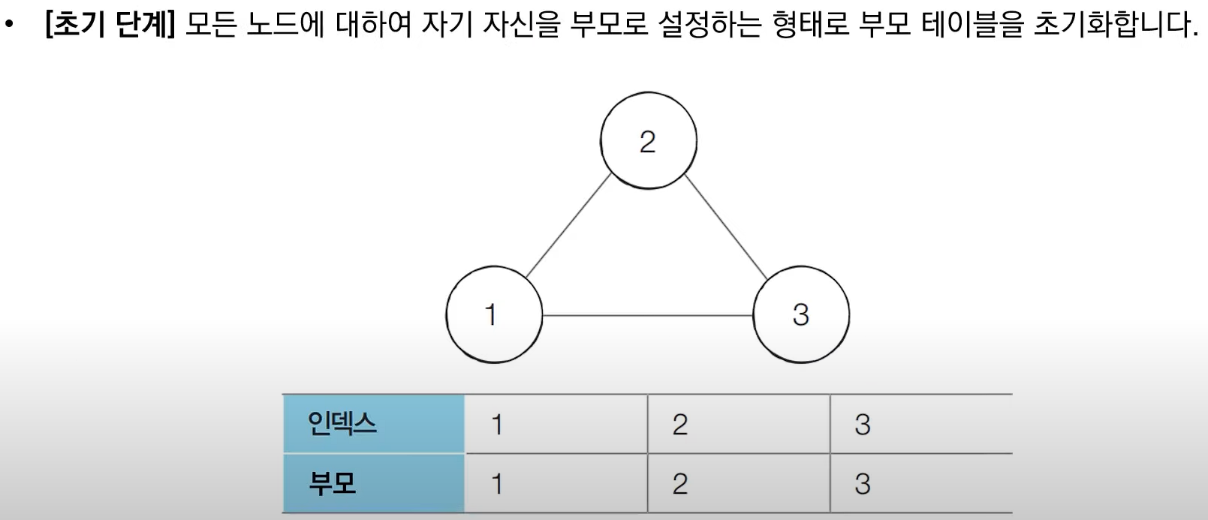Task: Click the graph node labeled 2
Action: coord(649,140)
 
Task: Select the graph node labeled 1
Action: coord(493,314)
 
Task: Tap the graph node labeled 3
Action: coord(801,314)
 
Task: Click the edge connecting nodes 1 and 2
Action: coord(568,226)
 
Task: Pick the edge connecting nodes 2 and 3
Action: coord(725,226)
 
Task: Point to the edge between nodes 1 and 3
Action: coord(647,316)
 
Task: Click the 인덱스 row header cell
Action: coord(373,424)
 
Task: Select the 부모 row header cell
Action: coord(373,483)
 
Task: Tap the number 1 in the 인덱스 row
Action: coord(496,425)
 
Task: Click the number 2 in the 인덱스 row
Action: coord(679,425)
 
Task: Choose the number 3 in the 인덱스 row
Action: coord(863,425)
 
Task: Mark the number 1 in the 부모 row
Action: coord(496,484)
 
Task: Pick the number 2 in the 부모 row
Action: coord(679,484)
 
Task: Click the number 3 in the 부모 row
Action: coord(863,484)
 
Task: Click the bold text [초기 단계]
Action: coord(110,26)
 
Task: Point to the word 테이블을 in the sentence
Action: coord(972,26)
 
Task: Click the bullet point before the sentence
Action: coord(10,26)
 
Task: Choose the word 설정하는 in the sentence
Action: coord(710,26)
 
